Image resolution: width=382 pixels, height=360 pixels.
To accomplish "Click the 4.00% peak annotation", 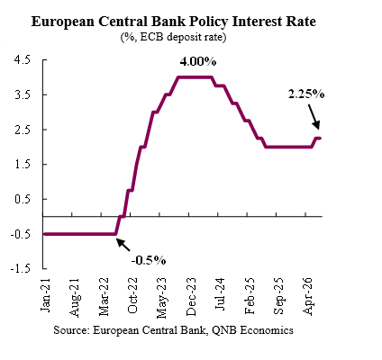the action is [x=198, y=62].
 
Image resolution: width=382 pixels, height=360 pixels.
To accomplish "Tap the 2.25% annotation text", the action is [x=306, y=94].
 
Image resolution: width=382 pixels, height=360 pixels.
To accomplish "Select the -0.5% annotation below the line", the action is [x=149, y=260].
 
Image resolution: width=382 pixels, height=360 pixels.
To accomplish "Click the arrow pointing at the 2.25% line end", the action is [x=314, y=116].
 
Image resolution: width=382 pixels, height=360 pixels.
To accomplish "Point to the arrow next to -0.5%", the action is [x=123, y=245].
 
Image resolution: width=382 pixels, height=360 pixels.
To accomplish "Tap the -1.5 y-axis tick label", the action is [x=21, y=268].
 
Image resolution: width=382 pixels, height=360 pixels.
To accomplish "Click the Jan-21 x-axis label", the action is [x=46, y=295].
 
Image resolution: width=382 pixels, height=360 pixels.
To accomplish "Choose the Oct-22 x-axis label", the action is [x=132, y=295].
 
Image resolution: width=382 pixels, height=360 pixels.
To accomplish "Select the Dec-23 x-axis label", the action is [x=191, y=296].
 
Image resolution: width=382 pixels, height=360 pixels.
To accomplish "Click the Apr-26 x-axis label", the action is [x=308, y=296].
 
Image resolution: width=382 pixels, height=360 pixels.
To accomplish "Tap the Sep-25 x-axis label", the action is [x=278, y=296].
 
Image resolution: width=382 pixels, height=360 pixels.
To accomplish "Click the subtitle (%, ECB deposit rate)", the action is [x=174, y=37].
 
